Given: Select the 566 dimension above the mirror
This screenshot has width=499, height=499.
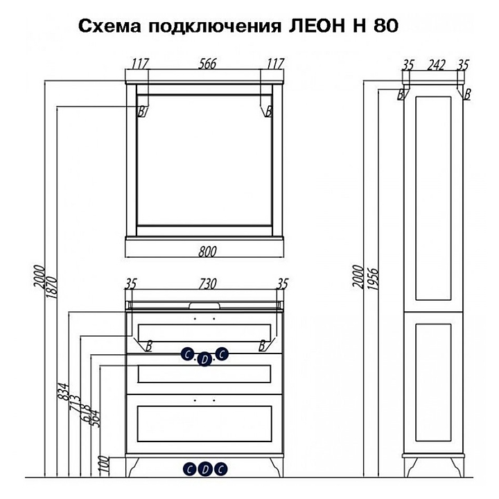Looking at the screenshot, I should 206,64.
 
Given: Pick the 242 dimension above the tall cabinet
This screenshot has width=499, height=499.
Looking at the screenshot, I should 436,65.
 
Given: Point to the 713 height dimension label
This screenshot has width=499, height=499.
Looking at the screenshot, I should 74,405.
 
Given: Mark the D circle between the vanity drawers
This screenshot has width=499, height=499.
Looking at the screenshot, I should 204,359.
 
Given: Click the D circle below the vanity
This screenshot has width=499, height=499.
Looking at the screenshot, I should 204,469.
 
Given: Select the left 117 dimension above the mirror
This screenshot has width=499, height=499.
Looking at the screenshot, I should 140,64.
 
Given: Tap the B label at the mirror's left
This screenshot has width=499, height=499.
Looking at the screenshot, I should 141,111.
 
